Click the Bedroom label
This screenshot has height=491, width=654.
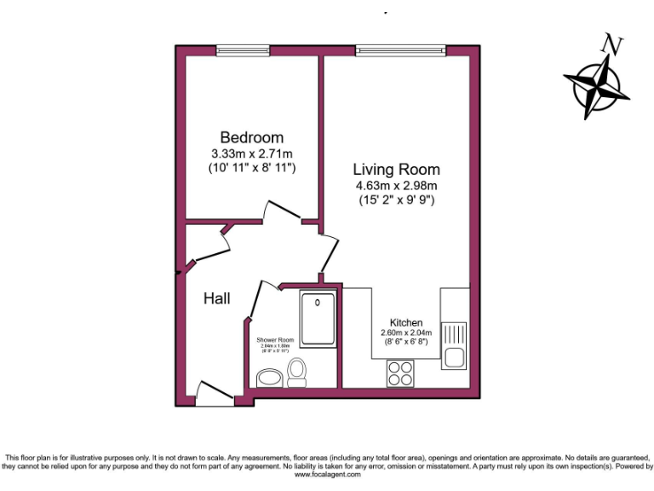tap(251, 137)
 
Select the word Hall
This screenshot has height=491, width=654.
tap(217, 299)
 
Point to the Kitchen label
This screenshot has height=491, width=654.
tap(406, 322)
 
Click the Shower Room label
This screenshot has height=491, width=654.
tap(275, 339)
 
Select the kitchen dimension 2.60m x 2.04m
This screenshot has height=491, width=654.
tap(406, 332)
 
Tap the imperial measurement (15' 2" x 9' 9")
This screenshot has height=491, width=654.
tap(397, 200)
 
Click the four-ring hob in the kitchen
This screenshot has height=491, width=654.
tap(400, 373)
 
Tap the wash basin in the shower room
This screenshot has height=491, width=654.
tap(270, 377)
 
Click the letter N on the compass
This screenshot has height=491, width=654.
tap(610, 43)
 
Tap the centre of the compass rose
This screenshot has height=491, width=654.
tap(594, 86)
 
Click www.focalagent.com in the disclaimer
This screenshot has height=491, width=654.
tap(327, 475)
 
